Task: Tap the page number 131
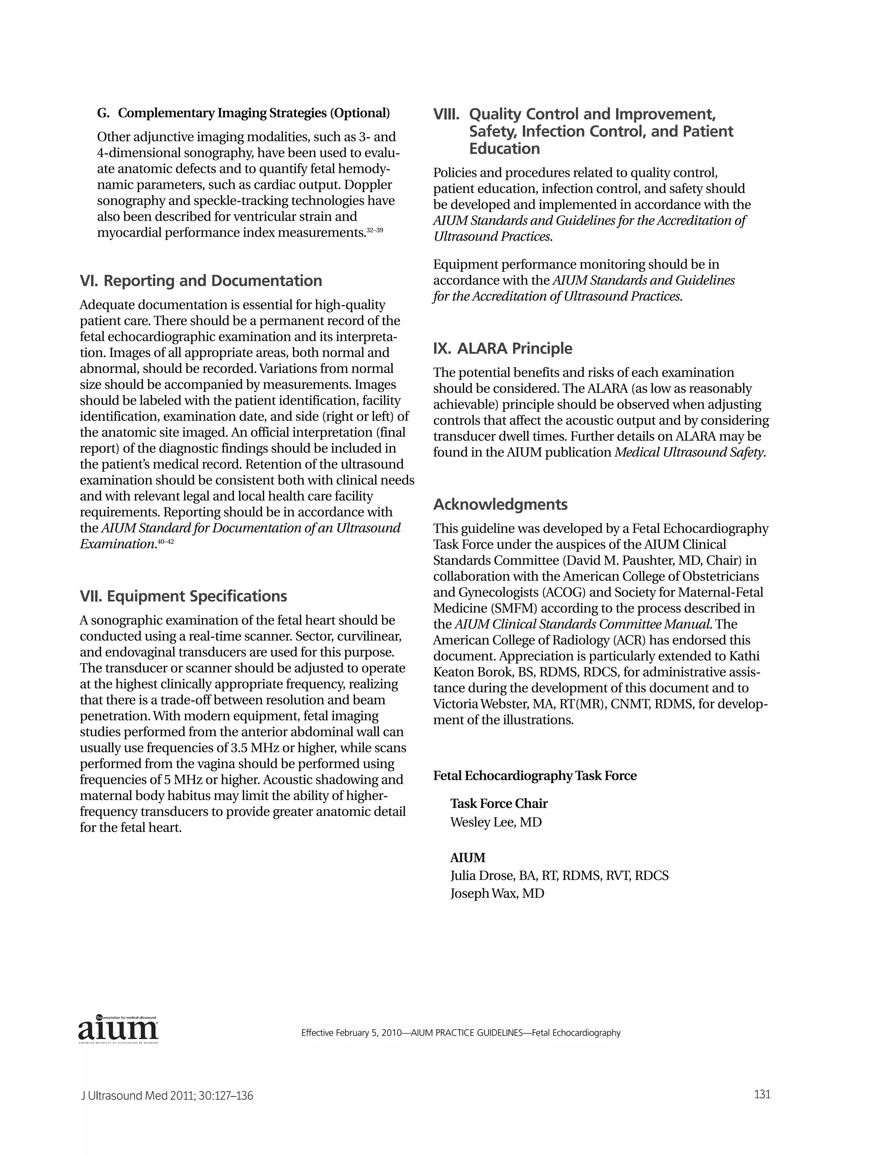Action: point(762,1094)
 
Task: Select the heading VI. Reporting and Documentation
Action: point(201,281)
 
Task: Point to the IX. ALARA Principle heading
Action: point(502,349)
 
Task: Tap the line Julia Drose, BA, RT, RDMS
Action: point(559,875)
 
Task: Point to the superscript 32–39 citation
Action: point(375,230)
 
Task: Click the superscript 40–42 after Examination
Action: point(166,542)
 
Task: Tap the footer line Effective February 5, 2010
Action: point(460,1033)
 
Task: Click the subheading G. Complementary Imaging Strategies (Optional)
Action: point(244,114)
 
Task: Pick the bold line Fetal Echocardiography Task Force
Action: point(535,776)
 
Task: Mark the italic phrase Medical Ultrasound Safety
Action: point(689,453)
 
